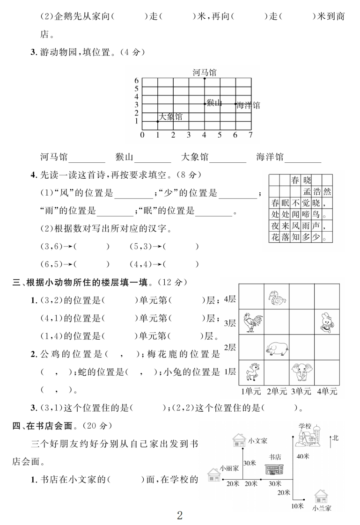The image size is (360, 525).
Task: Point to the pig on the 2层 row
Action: [277, 347]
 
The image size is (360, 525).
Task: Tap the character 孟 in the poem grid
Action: [307, 191]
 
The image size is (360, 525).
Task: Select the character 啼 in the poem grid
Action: [307, 214]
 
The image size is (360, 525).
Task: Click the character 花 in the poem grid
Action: [275, 237]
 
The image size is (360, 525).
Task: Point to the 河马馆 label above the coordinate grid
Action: [205, 72]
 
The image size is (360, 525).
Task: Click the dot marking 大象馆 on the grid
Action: [158, 122]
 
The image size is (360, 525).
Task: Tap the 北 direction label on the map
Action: [335, 438]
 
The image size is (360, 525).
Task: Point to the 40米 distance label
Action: [303, 455]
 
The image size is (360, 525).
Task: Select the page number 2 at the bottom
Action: [179, 516]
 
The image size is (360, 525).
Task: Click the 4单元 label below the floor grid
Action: [327, 391]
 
